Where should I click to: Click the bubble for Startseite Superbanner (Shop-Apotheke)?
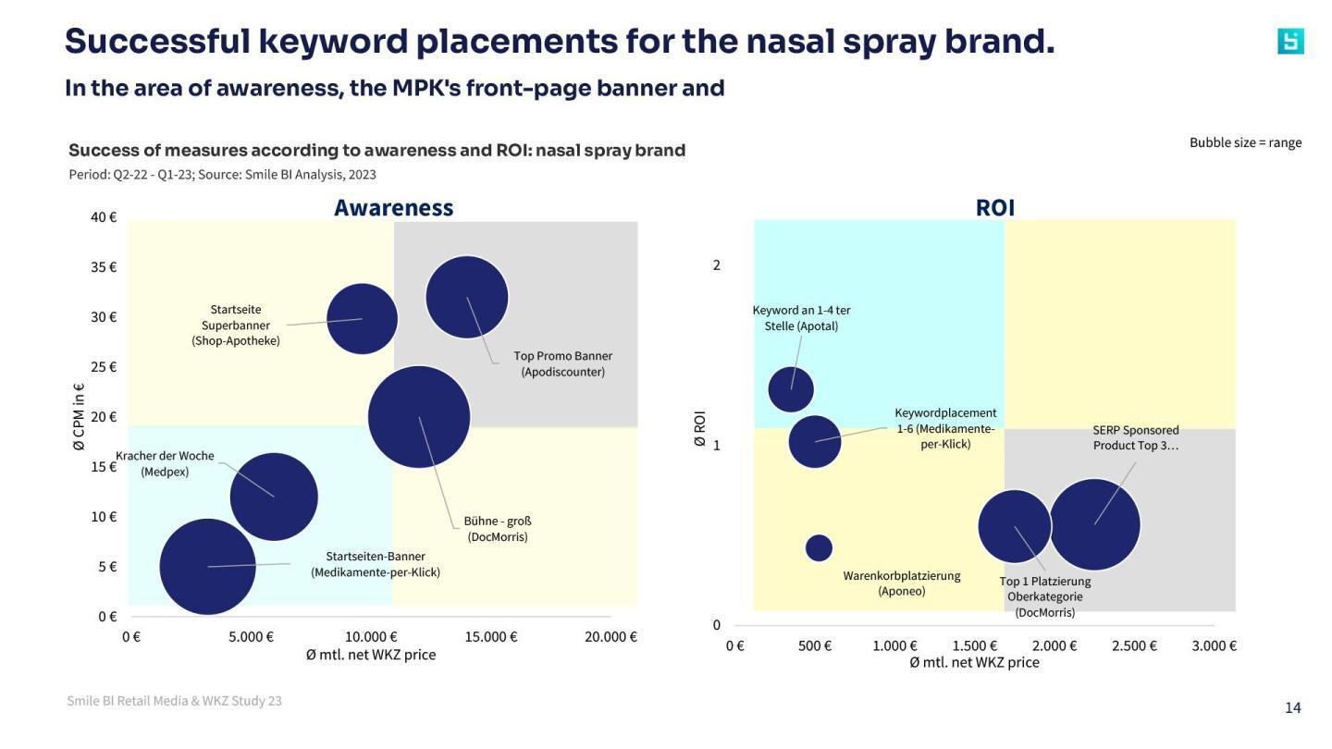(x=362, y=318)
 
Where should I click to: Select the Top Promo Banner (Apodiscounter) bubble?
(x=467, y=297)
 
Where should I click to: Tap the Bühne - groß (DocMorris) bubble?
(x=419, y=417)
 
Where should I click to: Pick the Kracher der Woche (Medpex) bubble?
(x=274, y=497)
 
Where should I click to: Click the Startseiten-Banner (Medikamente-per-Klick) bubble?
(x=208, y=566)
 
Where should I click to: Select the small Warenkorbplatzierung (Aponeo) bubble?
(x=819, y=547)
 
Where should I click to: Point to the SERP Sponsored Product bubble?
(x=1094, y=524)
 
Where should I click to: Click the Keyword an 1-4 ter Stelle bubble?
(x=791, y=389)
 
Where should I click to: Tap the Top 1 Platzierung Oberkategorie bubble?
(x=1015, y=526)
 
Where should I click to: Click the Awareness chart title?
(x=393, y=208)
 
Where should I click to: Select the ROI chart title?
(x=995, y=208)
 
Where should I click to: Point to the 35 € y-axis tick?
(x=104, y=267)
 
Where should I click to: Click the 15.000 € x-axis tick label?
(x=490, y=637)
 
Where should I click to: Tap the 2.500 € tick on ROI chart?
(x=1134, y=646)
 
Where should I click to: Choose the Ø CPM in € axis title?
(x=79, y=417)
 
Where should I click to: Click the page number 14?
(x=1292, y=708)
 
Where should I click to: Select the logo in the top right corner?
(x=1290, y=42)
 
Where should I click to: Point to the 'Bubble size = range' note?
(x=1245, y=142)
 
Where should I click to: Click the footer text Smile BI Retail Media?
(x=174, y=701)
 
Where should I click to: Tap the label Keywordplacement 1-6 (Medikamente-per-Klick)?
(x=945, y=428)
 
